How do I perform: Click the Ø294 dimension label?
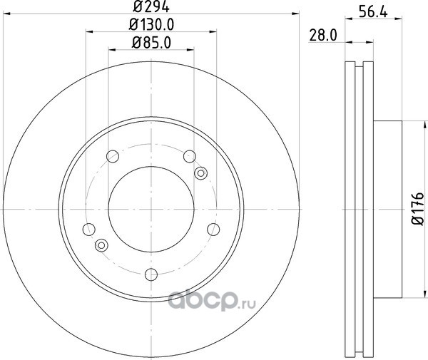[x=151, y=6]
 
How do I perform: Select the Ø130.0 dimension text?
[x=151, y=25]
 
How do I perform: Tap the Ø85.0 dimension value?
[x=151, y=43]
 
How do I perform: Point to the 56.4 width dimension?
[x=373, y=12]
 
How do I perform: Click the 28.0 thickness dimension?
[x=323, y=36]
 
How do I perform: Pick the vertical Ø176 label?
[x=417, y=209]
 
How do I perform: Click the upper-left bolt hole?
[x=113, y=157]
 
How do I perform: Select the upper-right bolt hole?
[x=190, y=157]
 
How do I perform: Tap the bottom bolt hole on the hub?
[x=151, y=274]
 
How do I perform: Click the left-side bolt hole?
[x=88, y=230]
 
